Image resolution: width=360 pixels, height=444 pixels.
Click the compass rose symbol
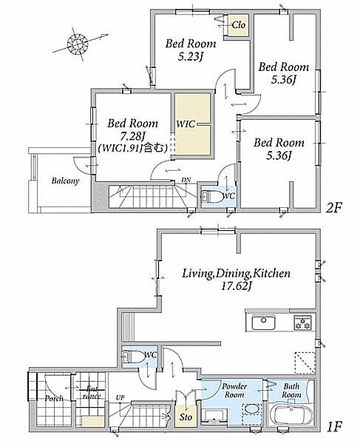(x=77, y=44)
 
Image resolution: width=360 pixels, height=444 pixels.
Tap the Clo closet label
(x=238, y=25)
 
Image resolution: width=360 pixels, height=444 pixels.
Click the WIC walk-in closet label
(x=186, y=124)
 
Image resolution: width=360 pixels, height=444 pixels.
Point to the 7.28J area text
(x=133, y=136)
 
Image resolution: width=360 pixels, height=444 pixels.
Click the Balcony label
(x=65, y=181)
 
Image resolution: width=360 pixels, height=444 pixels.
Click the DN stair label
(x=186, y=180)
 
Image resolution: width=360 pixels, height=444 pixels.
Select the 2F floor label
(x=334, y=209)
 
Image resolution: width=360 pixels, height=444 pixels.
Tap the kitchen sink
(x=264, y=322)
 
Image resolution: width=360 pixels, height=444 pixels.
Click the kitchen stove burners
(x=303, y=322)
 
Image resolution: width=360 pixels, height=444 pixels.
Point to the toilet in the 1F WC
(x=132, y=357)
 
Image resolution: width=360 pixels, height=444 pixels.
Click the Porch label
(x=54, y=398)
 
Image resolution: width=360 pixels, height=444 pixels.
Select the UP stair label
(x=120, y=397)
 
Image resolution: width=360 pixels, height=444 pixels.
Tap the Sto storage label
(x=186, y=417)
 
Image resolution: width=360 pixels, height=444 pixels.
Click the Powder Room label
(x=234, y=390)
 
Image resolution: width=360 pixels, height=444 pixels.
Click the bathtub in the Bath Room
(x=291, y=412)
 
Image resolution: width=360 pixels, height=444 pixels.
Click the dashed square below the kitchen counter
(x=305, y=363)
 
